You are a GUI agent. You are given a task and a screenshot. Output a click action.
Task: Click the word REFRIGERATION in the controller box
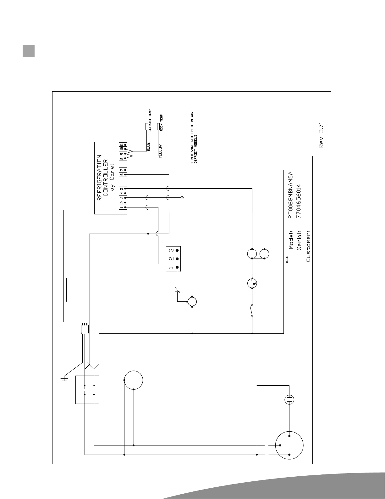(x=99, y=178)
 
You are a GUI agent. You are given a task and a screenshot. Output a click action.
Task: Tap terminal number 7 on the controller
(x=121, y=170)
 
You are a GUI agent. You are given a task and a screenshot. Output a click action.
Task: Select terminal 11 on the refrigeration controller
(x=122, y=145)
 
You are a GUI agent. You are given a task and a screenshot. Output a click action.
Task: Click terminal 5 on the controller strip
(x=121, y=189)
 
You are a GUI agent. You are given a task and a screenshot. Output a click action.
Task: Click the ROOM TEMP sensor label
(x=161, y=123)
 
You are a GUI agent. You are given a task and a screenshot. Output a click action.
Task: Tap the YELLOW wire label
(x=160, y=151)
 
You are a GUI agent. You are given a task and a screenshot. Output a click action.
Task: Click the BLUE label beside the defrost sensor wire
(x=148, y=147)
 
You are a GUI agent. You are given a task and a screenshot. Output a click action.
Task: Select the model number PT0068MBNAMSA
(x=290, y=195)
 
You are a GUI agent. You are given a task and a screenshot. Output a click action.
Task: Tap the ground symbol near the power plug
(x=64, y=378)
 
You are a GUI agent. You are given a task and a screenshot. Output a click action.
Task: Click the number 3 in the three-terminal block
(x=171, y=250)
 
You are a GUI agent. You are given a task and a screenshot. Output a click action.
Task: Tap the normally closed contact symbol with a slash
(x=177, y=290)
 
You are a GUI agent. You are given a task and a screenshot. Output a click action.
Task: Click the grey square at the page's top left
(x=29, y=51)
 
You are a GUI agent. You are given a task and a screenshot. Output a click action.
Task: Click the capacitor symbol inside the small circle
(x=289, y=400)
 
